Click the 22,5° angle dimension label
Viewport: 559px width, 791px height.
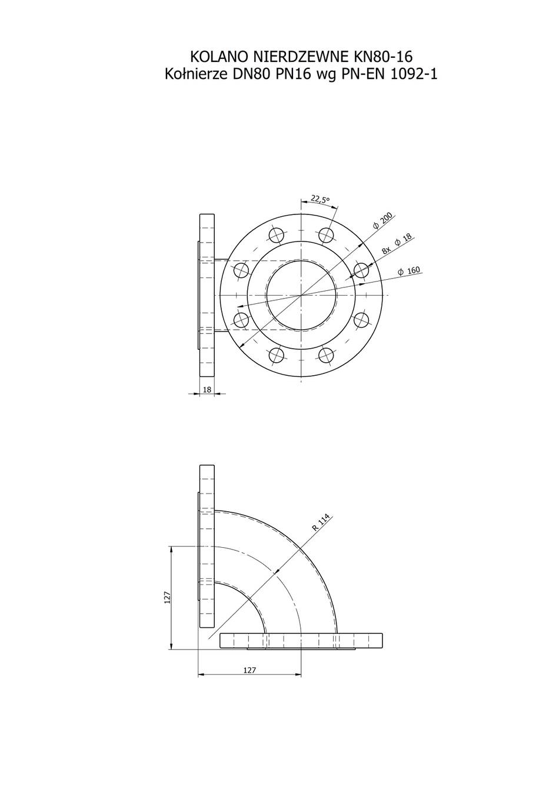pyautogui.click(x=320, y=199)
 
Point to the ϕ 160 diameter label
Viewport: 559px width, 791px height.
pyautogui.click(x=409, y=271)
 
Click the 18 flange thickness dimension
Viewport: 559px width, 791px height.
pyautogui.click(x=207, y=389)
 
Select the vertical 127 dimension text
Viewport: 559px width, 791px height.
pyautogui.click(x=168, y=597)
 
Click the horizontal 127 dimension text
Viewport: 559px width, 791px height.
pyautogui.click(x=249, y=668)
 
